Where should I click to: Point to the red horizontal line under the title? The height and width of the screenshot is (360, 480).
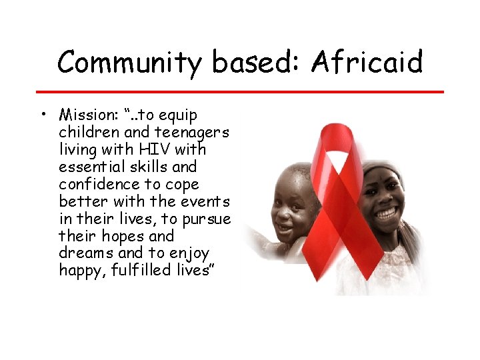click(240, 91)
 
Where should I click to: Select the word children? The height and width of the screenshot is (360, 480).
click(87, 132)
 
